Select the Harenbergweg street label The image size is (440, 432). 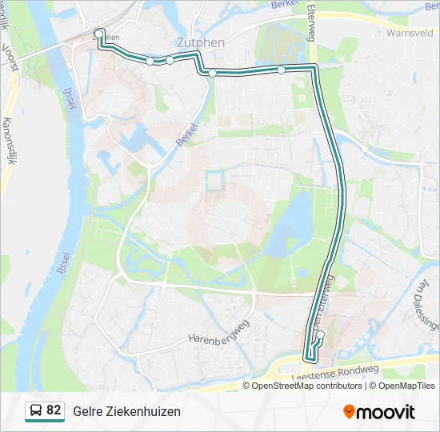coord(219,333)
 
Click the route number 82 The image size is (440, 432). coord(54,410)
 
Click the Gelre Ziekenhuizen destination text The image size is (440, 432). coord(126,411)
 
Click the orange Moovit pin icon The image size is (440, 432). coord(349,412)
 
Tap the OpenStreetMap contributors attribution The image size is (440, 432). coord(307,386)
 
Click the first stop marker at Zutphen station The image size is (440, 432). coord(98,34)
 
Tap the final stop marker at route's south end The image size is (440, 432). coord(318,336)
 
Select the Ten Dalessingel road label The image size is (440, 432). coord(426,305)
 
